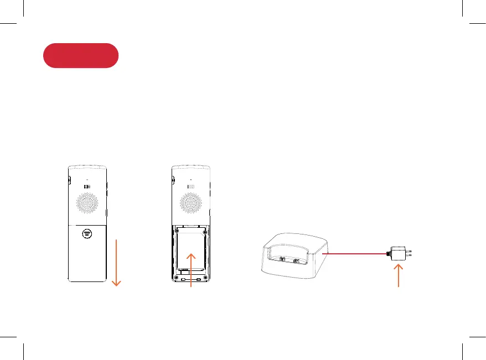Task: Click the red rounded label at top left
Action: coord(81,55)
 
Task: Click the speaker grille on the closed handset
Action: coord(86,204)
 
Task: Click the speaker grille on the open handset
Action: coord(190,204)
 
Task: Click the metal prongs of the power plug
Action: coord(411,254)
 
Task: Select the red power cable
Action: coord(354,253)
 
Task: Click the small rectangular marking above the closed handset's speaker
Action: coord(86,186)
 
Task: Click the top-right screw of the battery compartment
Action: coord(205,231)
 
